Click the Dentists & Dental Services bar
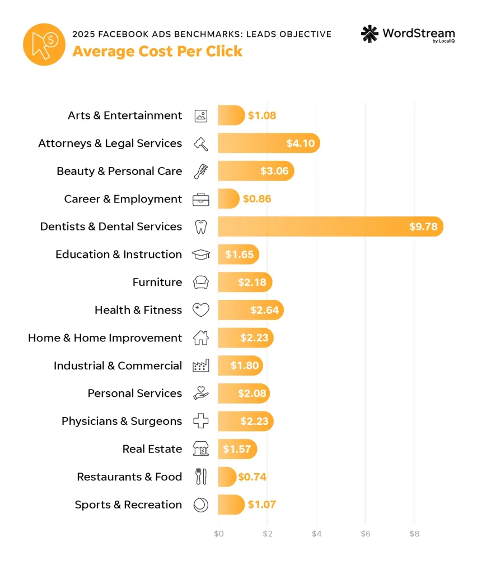(x=330, y=226)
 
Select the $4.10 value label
(x=301, y=143)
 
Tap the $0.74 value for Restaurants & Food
(x=252, y=477)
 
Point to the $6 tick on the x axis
(x=365, y=534)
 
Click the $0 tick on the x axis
(x=218, y=534)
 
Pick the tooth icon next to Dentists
(x=200, y=226)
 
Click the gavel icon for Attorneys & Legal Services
(x=200, y=143)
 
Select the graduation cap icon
(x=200, y=254)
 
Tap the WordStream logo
(x=408, y=34)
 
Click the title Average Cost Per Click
(x=157, y=51)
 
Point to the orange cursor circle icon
(x=44, y=44)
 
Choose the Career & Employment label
(x=123, y=199)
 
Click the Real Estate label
(x=152, y=449)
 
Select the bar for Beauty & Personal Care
(x=256, y=171)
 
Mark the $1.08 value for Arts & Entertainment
(x=262, y=115)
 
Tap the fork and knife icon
(x=200, y=477)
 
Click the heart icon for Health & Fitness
(x=200, y=310)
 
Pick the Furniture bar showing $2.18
(x=245, y=282)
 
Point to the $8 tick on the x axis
(x=414, y=534)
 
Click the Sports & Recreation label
(x=128, y=504)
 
